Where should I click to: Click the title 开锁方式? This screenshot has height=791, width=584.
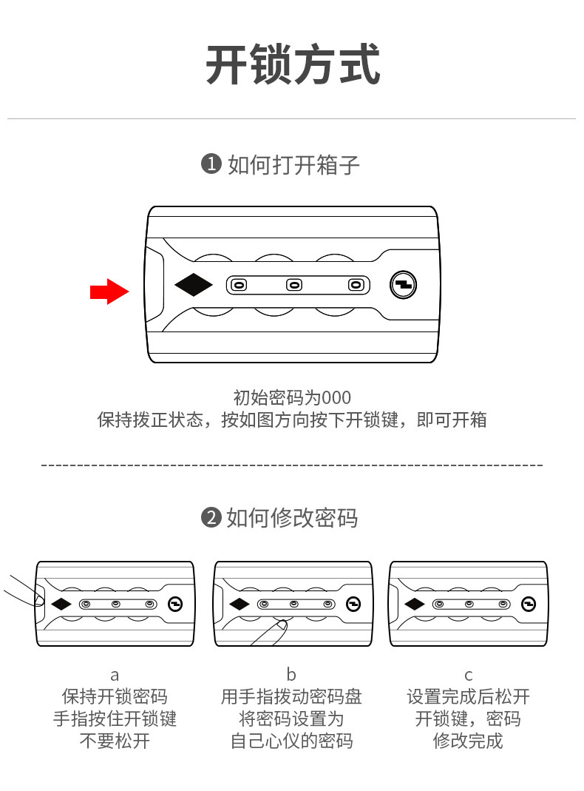[292, 65]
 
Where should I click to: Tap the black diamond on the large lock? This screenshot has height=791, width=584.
[194, 285]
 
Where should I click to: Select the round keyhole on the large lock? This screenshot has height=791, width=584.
[404, 284]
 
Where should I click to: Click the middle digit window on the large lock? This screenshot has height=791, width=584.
[294, 285]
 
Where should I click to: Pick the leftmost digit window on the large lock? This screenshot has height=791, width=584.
[238, 285]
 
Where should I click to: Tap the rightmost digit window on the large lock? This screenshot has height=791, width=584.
[356, 285]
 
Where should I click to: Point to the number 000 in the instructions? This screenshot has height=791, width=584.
[336, 397]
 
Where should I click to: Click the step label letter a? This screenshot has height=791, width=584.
[115, 675]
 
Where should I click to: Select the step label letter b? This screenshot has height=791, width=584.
[291, 675]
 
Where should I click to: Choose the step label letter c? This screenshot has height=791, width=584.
[468, 675]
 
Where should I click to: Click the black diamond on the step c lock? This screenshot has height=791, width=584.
[415, 604]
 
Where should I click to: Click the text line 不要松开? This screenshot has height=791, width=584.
[115, 741]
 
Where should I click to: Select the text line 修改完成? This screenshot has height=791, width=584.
[468, 741]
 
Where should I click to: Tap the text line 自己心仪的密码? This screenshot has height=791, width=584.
[291, 741]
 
